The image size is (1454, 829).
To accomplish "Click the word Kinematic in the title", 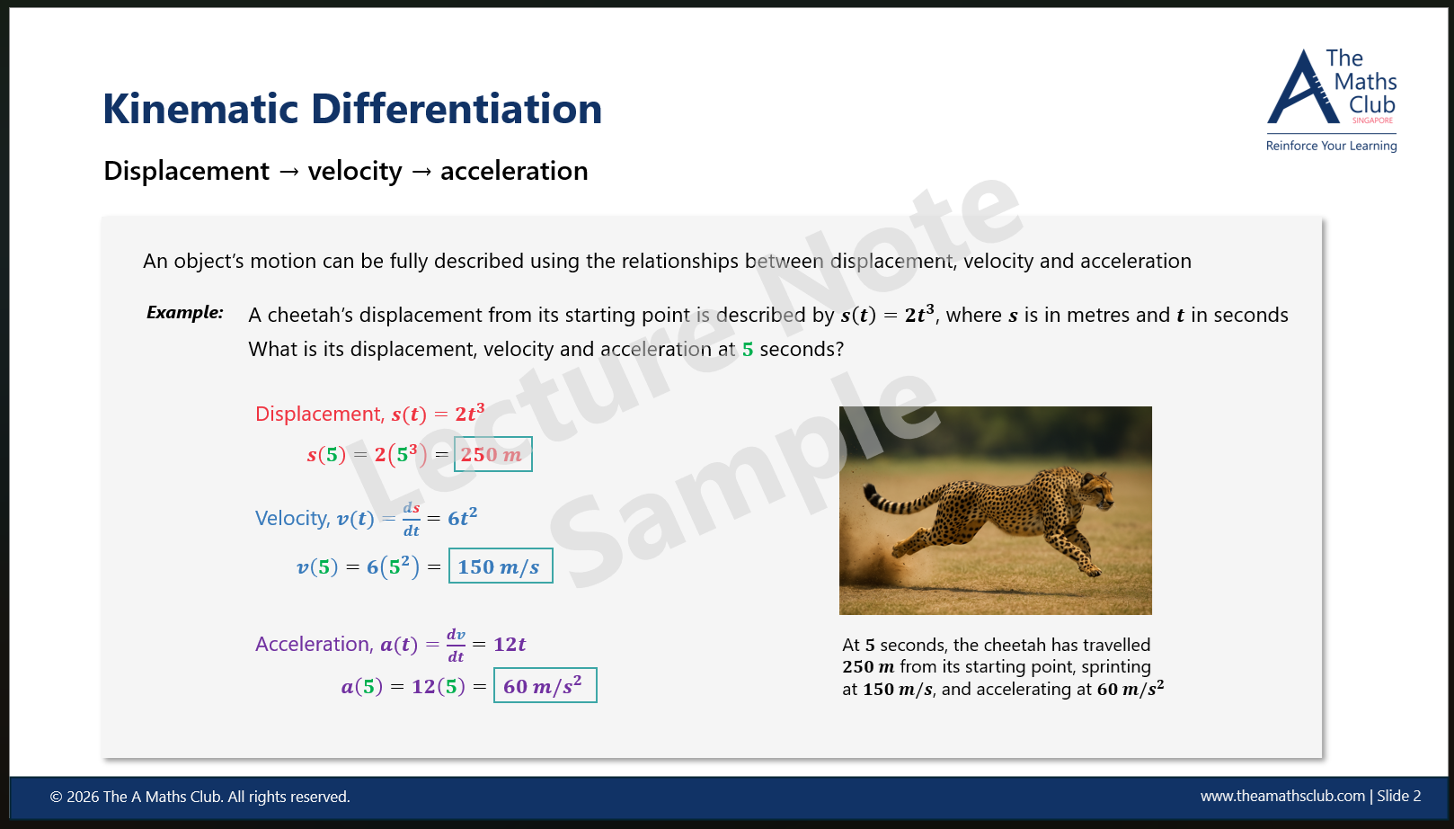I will click(199, 109).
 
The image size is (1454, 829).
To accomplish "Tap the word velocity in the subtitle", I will click(355, 171).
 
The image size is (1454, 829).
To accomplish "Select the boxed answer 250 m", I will click(492, 454).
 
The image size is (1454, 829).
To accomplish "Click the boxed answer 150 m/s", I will click(500, 566).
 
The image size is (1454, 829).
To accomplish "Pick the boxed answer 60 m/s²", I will click(545, 686).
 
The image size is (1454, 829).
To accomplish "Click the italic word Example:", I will click(185, 312).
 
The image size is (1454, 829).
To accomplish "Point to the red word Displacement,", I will click(319, 414).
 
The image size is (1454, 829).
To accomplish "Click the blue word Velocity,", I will click(292, 519).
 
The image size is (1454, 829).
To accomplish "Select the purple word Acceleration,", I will click(314, 644).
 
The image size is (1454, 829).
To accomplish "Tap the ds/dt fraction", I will click(411, 519).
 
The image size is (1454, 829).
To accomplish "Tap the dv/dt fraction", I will click(456, 646).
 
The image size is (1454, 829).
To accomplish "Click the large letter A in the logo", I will click(1300, 90).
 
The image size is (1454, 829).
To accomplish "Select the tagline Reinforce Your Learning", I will click(1331, 146).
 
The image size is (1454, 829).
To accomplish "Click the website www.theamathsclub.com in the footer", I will click(1282, 796).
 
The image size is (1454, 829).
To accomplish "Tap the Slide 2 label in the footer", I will click(1398, 796).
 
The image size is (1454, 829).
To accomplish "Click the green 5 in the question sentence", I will click(748, 350).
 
